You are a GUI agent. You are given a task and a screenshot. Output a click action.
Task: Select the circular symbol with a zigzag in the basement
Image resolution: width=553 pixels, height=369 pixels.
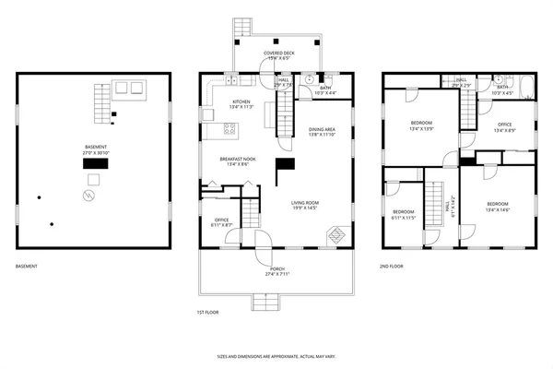[x=88, y=196]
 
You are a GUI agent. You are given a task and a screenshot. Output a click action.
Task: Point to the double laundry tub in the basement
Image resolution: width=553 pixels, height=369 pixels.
[x=130, y=89]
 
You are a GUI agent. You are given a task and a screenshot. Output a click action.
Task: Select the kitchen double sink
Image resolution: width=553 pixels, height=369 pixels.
[x=206, y=116]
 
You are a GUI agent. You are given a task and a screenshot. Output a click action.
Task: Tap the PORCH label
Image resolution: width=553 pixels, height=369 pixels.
[x=276, y=271]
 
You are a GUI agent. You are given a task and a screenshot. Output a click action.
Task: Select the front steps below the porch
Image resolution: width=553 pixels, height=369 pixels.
[x=265, y=302]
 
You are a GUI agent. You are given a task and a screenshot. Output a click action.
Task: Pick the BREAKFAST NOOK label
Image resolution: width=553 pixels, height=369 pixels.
[x=237, y=161]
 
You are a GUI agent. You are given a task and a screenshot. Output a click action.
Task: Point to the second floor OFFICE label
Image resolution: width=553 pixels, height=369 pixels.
[x=504, y=126]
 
